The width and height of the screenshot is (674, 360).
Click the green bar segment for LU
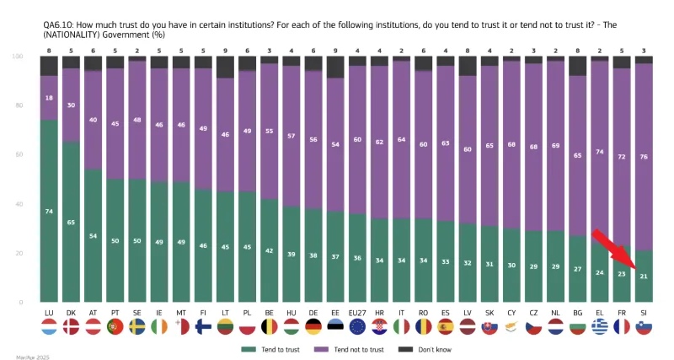(49, 211)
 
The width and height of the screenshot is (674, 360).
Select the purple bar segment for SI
(643, 156)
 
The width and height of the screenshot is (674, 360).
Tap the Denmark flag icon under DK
(71, 326)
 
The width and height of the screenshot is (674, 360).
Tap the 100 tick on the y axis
(17, 56)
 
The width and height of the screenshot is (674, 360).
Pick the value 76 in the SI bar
(643, 156)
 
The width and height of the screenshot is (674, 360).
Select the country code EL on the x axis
(599, 313)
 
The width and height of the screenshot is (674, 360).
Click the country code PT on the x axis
(115, 313)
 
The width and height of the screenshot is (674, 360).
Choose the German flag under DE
(313, 326)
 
